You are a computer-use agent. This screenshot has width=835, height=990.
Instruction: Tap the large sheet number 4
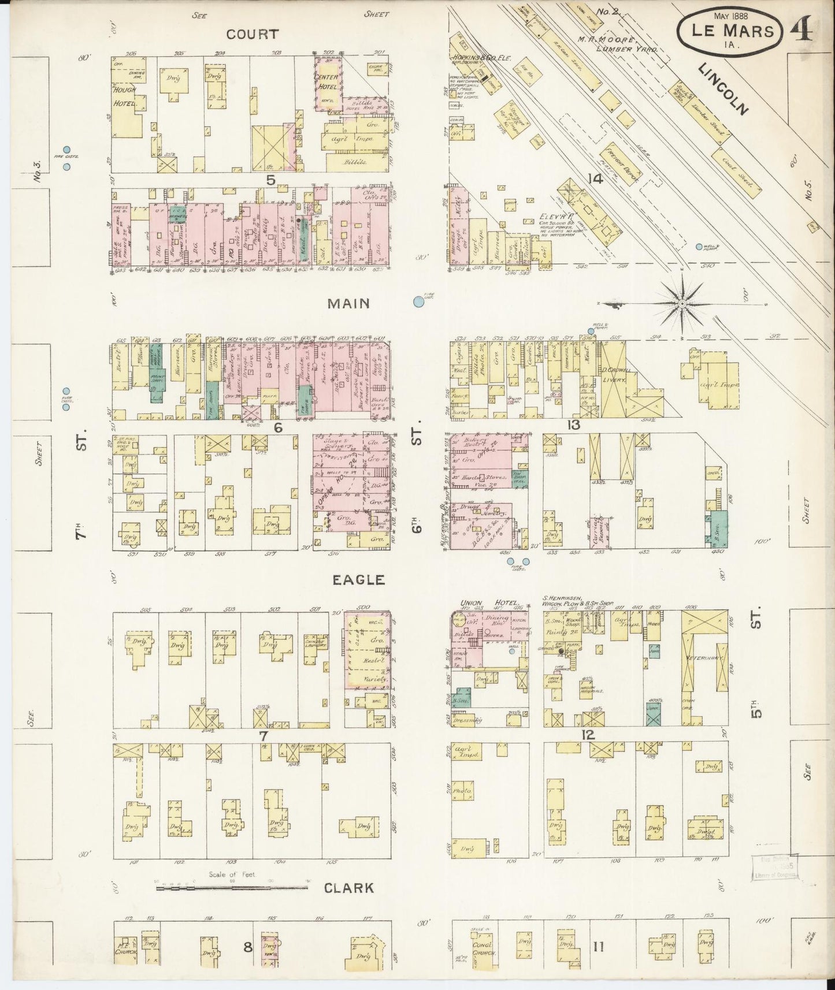pyautogui.click(x=804, y=27)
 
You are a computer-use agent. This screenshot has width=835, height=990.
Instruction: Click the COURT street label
pyautogui.click(x=252, y=34)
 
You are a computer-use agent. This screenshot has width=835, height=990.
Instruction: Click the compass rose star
pyautogui.click(x=682, y=303)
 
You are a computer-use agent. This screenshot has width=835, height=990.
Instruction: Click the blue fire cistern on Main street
pyautogui.click(x=418, y=301)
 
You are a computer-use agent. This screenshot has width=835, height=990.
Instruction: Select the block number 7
pyautogui.click(x=264, y=736)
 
